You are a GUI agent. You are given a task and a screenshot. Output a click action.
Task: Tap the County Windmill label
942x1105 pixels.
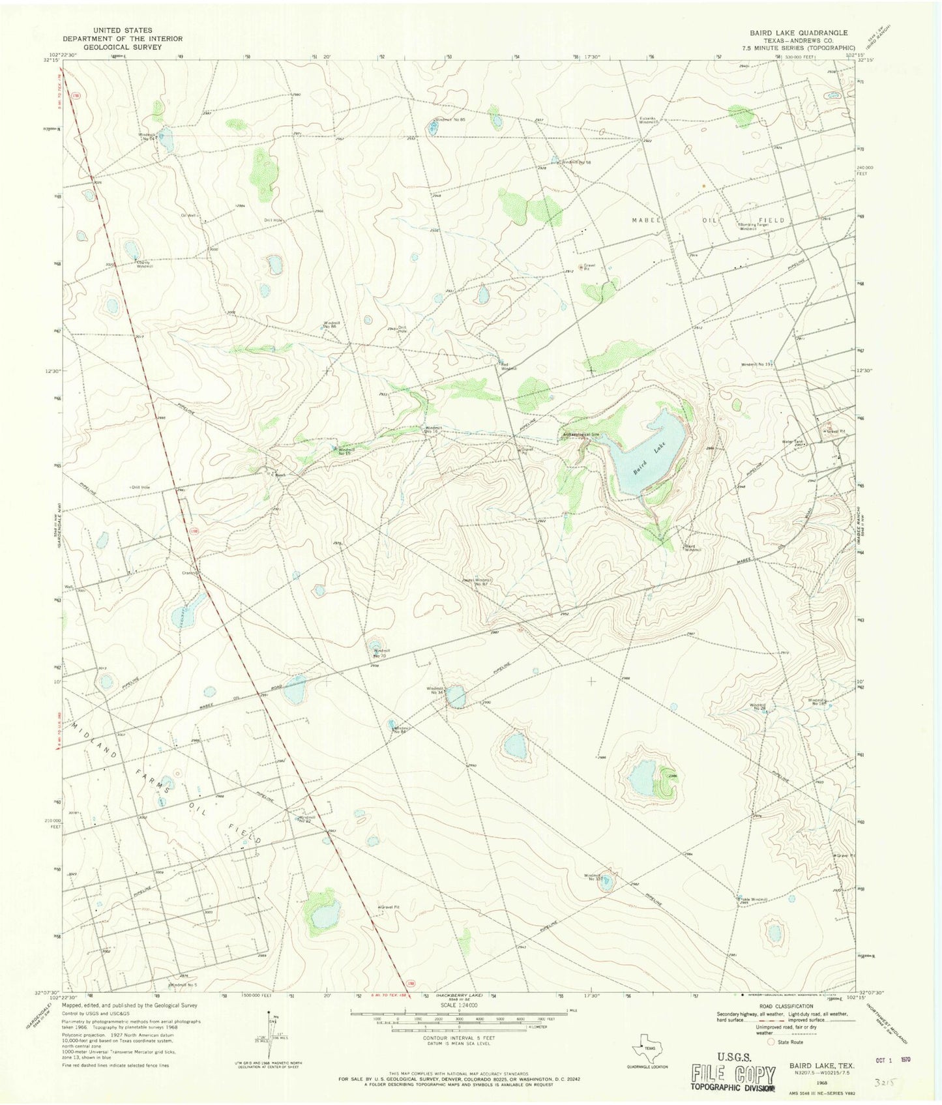(145, 264)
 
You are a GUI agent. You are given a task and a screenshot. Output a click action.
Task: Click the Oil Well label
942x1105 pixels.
(187, 215)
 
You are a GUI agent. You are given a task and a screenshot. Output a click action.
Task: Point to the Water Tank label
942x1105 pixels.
(793, 441)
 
